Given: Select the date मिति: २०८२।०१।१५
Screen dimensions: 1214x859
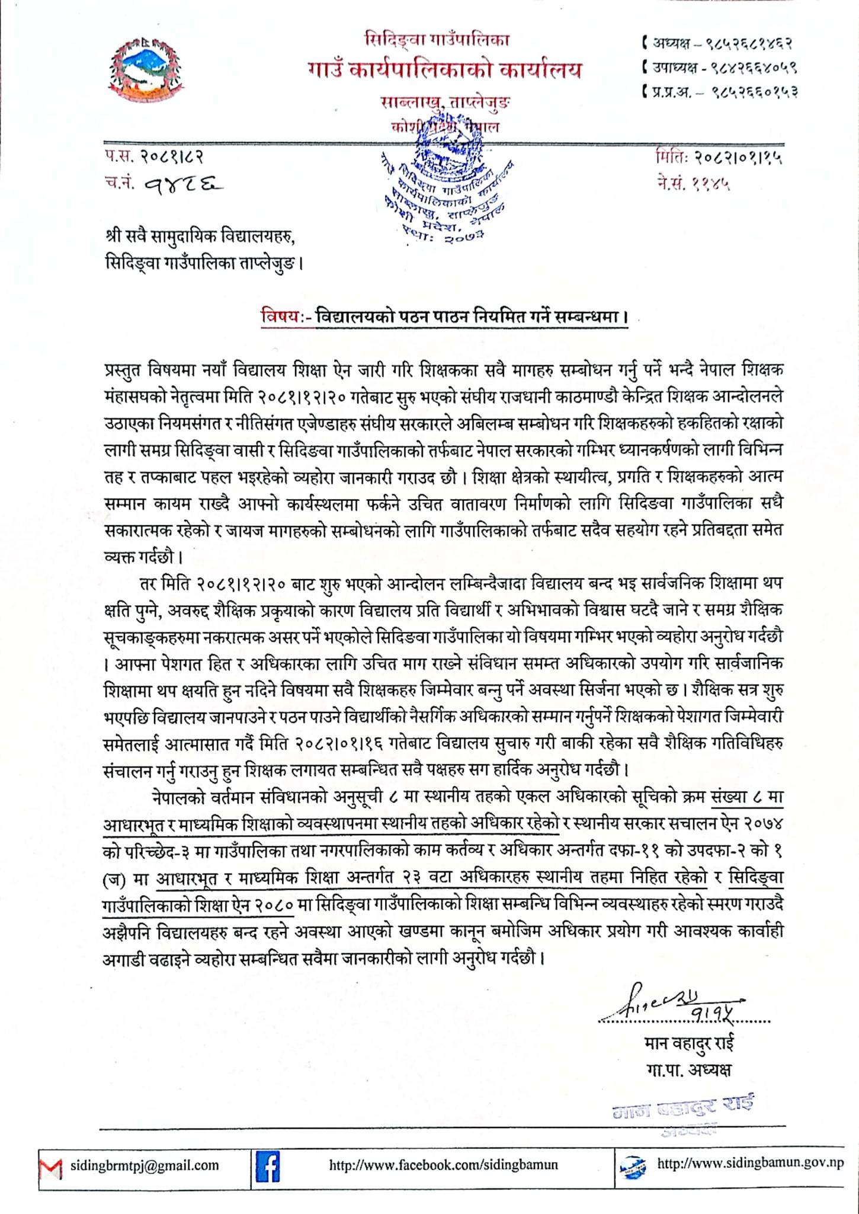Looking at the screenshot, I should [x=719, y=158].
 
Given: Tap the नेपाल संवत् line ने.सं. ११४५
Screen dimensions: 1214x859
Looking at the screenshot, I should [x=693, y=184].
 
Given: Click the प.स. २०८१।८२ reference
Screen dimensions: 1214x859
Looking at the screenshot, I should [x=155, y=158].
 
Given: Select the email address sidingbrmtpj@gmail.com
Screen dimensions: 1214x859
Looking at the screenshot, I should [x=145, y=1165].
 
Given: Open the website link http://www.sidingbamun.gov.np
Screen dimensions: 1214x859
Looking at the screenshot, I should [x=750, y=1163].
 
